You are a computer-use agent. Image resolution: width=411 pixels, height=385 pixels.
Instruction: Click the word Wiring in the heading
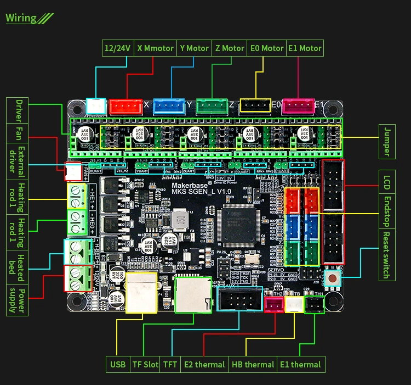click(21, 18)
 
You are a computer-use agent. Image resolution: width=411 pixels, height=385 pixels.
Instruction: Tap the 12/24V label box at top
click(117, 48)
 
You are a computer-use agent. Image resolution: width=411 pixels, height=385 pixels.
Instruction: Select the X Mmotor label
click(155, 48)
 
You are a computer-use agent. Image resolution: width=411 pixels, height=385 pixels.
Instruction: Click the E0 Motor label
click(266, 48)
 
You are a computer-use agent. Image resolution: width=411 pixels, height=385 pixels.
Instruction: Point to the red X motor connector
click(126, 105)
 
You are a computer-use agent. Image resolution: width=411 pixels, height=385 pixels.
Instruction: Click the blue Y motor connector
click(169, 105)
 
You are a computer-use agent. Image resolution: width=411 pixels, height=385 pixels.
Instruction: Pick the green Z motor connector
click(212, 105)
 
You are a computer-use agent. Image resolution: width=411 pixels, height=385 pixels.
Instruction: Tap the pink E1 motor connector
click(298, 105)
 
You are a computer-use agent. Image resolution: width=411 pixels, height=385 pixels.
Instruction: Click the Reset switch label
click(387, 247)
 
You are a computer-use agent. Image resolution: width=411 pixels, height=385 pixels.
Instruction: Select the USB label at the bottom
click(117, 364)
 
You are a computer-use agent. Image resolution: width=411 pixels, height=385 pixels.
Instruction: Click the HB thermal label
click(252, 364)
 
